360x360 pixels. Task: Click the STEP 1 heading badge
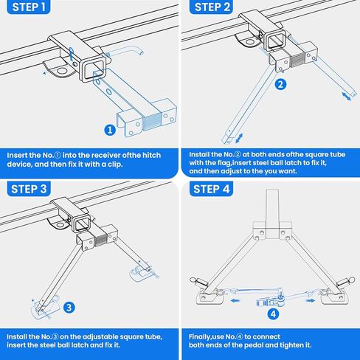click(29, 7)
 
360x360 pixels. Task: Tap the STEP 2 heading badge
click(211, 7)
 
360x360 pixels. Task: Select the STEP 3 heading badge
click(29, 189)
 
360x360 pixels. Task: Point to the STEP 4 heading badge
click(211, 189)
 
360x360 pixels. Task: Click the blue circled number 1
click(110, 130)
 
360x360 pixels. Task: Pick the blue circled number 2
click(280, 84)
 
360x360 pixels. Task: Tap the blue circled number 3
click(69, 308)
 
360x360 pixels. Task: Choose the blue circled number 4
click(273, 314)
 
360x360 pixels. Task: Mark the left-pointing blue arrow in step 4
click(235, 300)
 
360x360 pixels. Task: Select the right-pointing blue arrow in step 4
click(311, 300)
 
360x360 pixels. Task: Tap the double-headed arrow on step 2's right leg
click(347, 97)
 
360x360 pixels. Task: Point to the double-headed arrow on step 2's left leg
click(239, 138)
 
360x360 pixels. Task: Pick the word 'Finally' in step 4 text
click(199, 337)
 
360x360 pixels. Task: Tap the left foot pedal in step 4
click(210, 297)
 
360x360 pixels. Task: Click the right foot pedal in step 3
click(142, 274)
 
